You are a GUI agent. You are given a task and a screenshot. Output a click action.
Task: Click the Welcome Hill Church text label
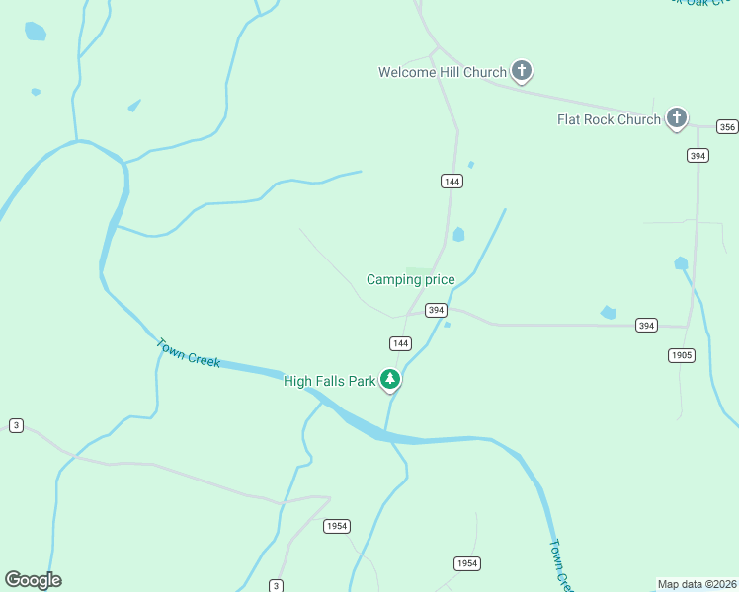(x=442, y=72)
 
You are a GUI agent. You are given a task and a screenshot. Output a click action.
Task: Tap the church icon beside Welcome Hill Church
(x=522, y=71)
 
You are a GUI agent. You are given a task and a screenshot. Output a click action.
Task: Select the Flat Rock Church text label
(x=609, y=119)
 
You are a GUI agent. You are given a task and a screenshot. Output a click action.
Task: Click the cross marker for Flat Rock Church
(x=677, y=118)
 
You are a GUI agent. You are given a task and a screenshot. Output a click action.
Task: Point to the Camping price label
(x=411, y=280)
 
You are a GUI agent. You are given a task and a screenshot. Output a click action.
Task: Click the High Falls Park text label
(x=330, y=381)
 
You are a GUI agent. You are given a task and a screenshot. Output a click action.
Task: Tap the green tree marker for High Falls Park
(x=391, y=380)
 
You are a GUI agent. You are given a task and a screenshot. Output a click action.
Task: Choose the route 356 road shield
(x=727, y=127)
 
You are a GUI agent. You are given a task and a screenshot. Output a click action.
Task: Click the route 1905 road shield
(x=681, y=355)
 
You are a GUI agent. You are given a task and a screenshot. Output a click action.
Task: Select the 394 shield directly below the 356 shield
(x=698, y=156)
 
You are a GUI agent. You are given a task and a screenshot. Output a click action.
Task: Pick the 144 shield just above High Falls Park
(x=399, y=343)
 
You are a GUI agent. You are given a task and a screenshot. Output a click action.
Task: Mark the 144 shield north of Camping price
(x=452, y=182)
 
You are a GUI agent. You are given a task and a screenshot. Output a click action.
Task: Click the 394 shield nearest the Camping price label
(x=436, y=310)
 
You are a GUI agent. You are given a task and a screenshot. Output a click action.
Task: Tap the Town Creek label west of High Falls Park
(x=188, y=352)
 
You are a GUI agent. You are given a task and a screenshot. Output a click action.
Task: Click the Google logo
(x=33, y=580)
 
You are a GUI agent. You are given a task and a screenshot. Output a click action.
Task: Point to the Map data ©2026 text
(x=697, y=584)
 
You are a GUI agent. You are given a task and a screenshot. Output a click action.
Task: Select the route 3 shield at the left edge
(x=16, y=425)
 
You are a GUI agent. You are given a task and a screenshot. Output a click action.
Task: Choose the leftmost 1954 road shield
(x=336, y=526)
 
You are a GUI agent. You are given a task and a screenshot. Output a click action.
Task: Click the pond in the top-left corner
(x=36, y=31)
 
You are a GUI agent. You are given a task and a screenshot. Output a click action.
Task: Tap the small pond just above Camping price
(x=458, y=235)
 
